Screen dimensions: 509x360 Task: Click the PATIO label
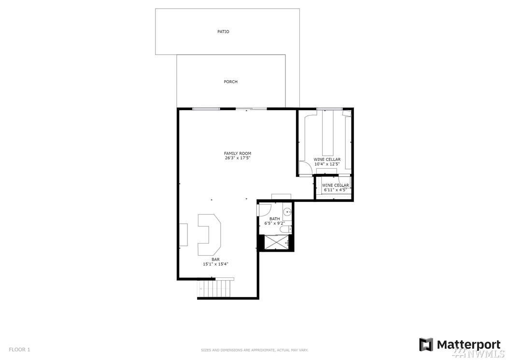click(x=223, y=31)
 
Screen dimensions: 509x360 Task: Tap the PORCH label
click(x=230, y=82)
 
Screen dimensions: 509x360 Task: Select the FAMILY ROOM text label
click(x=238, y=153)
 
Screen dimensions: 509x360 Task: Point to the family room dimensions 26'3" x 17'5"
click(x=238, y=158)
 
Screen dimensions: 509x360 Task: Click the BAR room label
click(x=215, y=259)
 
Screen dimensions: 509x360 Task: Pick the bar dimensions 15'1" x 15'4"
click(x=215, y=264)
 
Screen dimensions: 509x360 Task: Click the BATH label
click(x=274, y=219)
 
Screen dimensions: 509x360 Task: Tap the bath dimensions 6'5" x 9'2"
click(x=274, y=223)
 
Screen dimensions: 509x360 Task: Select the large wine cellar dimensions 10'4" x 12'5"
click(x=327, y=164)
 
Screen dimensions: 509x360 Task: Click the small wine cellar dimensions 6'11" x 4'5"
click(x=335, y=190)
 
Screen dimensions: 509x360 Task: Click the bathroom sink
click(x=287, y=213)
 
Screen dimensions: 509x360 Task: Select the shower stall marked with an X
click(x=276, y=242)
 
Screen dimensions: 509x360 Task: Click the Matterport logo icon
click(x=426, y=345)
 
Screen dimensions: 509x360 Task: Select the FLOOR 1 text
click(x=19, y=349)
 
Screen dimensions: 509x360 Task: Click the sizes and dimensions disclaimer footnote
click(x=254, y=350)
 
